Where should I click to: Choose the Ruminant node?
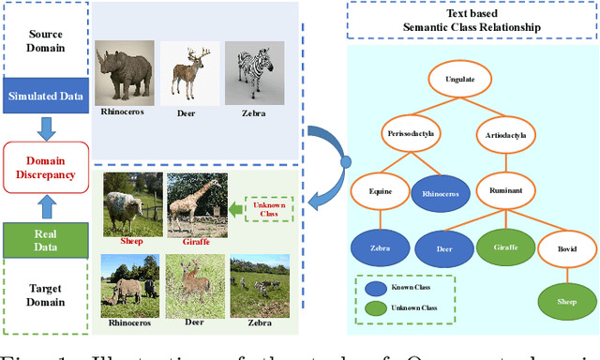click(x=507, y=190)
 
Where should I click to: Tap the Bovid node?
click(x=565, y=250)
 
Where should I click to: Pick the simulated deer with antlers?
click(x=188, y=71)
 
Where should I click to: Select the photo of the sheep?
click(x=129, y=202)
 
